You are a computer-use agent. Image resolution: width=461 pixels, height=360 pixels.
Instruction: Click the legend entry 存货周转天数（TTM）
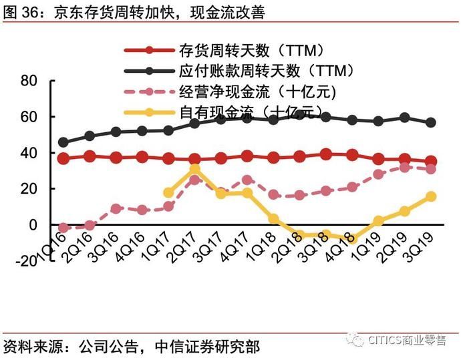click(251, 50)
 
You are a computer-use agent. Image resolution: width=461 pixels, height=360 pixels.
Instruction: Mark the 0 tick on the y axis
click(31, 225)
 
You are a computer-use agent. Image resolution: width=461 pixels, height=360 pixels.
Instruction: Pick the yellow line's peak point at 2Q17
click(194, 169)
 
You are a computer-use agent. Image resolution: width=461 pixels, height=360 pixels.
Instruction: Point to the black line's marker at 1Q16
click(63, 142)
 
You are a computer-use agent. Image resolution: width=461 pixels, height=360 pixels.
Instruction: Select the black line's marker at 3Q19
click(431, 123)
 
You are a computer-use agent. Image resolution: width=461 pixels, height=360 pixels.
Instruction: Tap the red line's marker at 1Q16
click(63, 158)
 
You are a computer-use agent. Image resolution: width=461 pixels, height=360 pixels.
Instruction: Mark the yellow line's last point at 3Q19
click(431, 197)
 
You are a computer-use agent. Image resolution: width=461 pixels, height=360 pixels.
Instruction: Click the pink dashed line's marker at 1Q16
click(63, 228)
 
